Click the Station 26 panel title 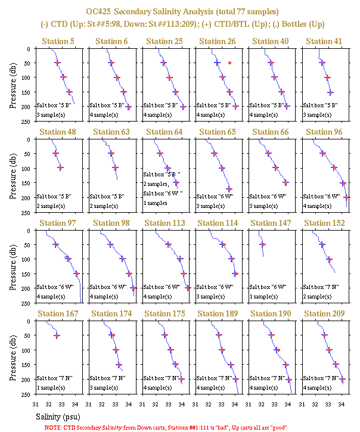coord(217,41)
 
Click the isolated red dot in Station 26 coord(230,63)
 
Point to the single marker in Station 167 coord(57,335)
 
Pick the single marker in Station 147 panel coord(263,245)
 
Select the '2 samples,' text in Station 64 coord(156,184)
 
